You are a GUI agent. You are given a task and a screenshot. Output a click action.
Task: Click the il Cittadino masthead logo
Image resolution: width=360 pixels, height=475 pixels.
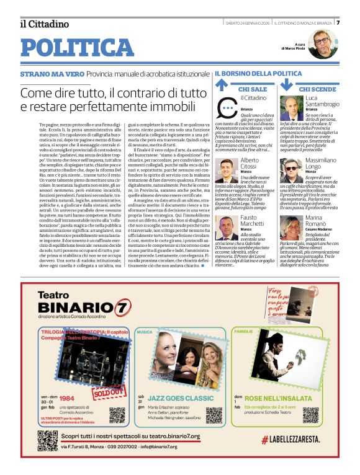(44, 24)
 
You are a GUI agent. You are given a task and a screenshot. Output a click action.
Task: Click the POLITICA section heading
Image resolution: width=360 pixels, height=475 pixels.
(77, 47)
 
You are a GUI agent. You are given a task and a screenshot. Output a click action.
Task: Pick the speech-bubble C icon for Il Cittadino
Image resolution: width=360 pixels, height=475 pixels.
(227, 108)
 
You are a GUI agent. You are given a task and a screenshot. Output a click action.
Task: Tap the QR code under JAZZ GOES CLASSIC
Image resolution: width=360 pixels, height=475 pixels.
(214, 415)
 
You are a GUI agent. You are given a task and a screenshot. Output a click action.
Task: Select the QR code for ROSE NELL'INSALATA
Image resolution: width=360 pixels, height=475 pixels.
(310, 415)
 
